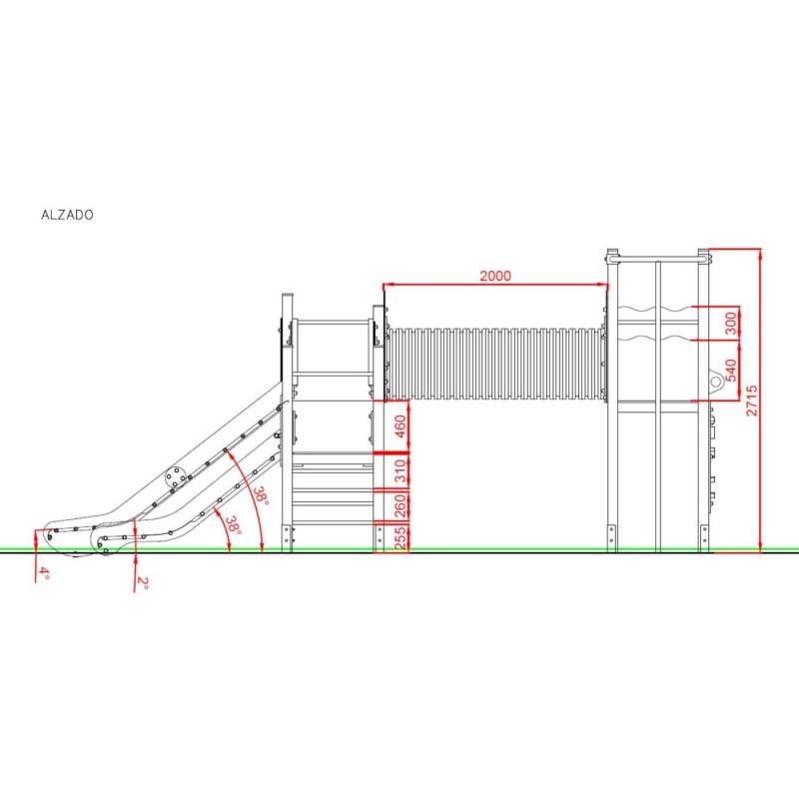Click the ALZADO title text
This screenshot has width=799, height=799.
[67, 215]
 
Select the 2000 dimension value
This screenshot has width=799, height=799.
[495, 276]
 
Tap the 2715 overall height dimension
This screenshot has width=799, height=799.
[752, 400]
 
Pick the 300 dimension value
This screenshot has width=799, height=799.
[731, 324]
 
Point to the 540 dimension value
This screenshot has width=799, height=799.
[731, 371]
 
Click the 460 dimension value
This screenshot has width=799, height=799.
[400, 426]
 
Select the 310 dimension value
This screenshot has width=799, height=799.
[400, 470]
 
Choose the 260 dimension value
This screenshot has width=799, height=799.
[400, 505]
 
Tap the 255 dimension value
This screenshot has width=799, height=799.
[400, 538]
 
